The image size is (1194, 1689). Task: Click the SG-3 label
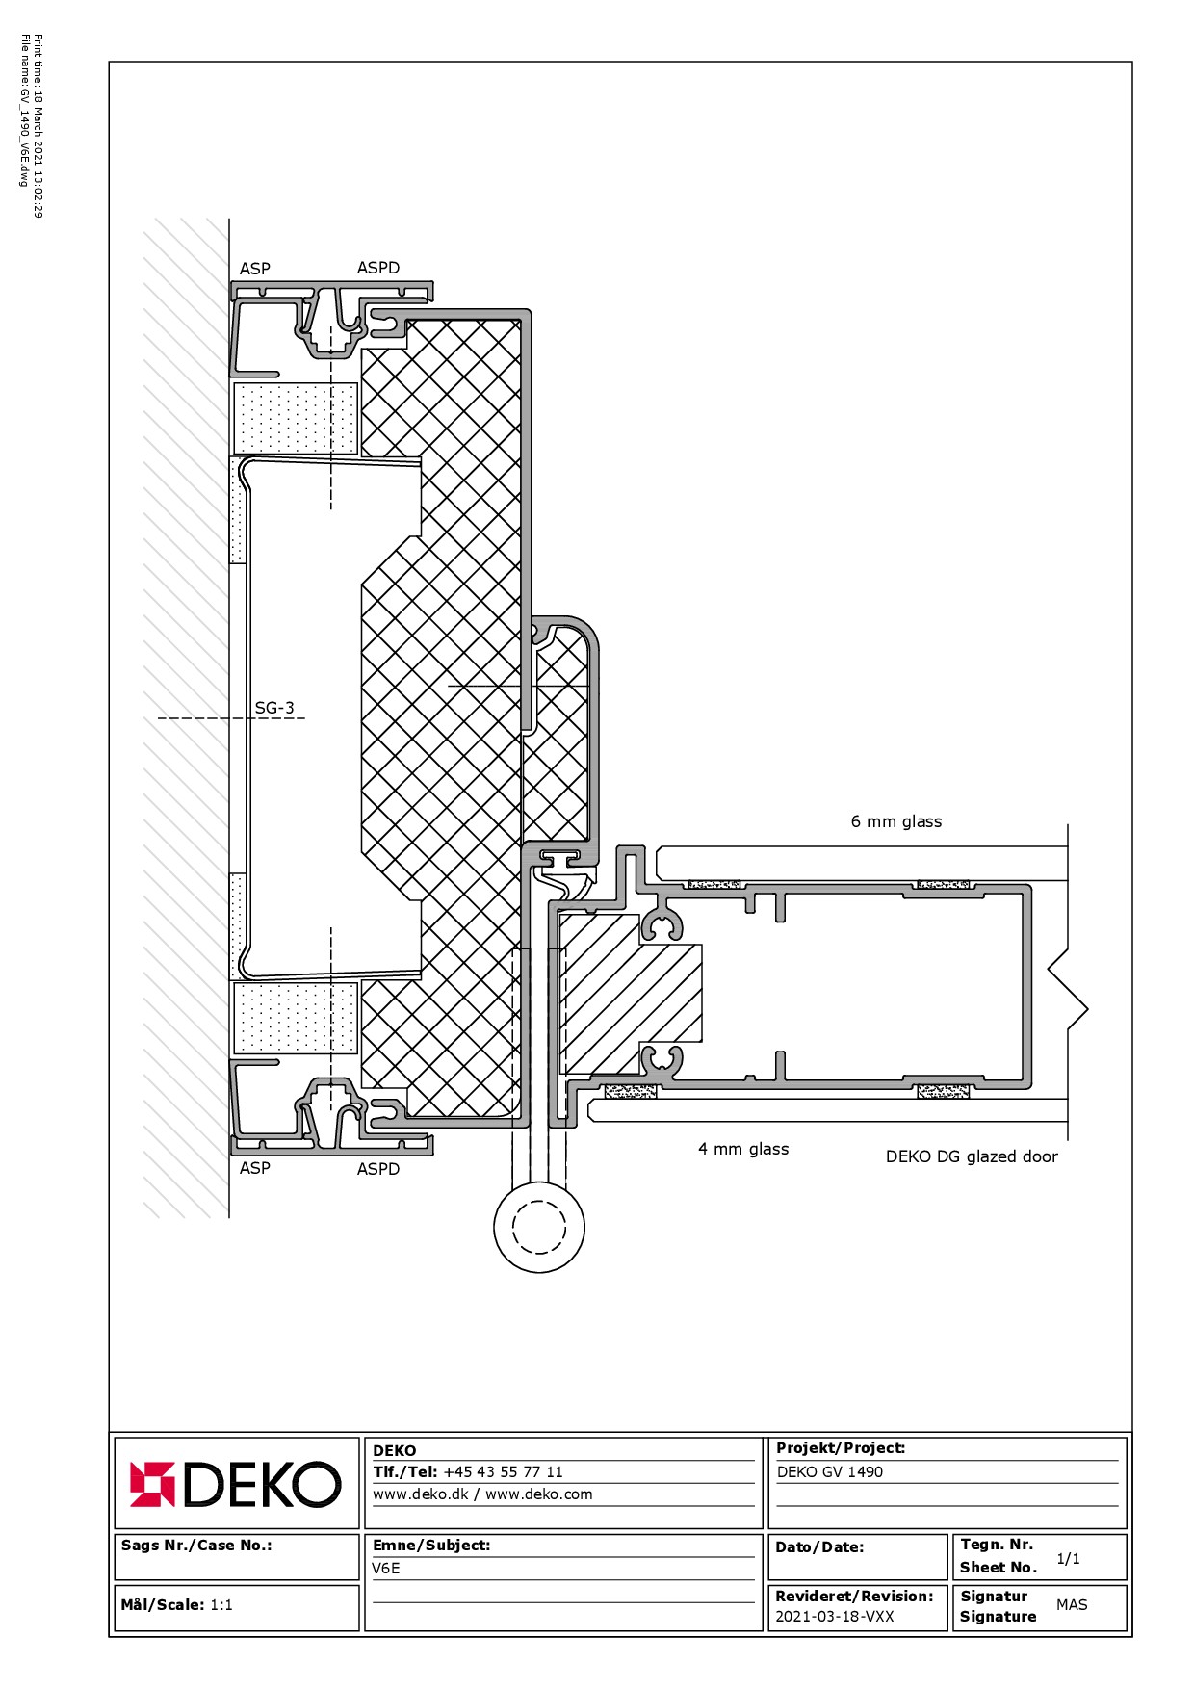point(274,708)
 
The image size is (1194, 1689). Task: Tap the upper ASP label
point(255,269)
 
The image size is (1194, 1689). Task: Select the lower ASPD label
point(378,1169)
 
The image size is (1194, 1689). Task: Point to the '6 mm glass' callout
point(896,821)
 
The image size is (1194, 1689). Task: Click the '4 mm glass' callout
point(743,1149)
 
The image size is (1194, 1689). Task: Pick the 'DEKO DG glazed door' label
point(972,1156)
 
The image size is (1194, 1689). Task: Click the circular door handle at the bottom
point(539,1227)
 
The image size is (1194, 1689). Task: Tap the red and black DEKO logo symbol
point(152,1484)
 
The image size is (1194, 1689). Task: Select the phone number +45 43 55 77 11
point(503,1471)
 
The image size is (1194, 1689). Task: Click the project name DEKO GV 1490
point(830,1471)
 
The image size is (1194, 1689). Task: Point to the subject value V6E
point(386,1568)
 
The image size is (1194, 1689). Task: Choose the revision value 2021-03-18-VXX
point(835,1616)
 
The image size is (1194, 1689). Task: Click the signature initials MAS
point(1072,1604)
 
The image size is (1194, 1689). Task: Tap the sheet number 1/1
point(1068,1558)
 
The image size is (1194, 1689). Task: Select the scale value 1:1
point(221,1604)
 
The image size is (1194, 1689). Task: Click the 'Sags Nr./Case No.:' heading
point(196,1545)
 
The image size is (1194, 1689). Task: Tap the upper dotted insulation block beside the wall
point(297,418)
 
